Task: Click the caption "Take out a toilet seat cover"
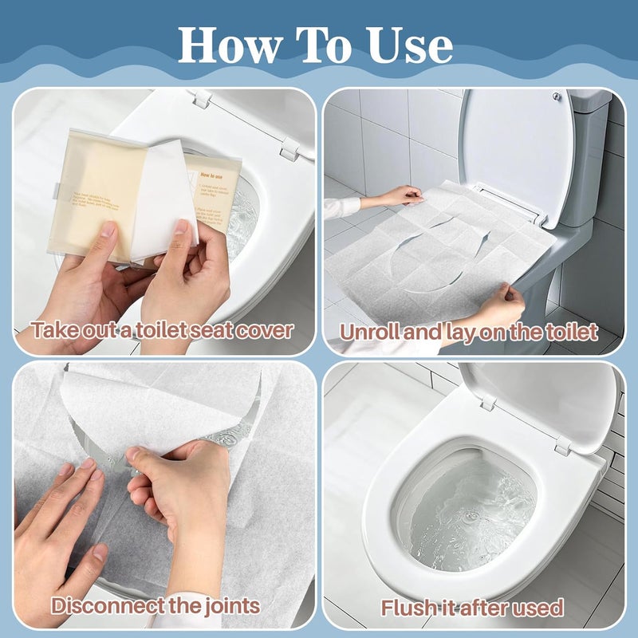tap(162, 330)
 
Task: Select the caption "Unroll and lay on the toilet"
tap(470, 331)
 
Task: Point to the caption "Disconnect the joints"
tap(156, 605)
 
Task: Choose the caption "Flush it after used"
tap(471, 607)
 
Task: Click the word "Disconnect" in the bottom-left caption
tap(104, 605)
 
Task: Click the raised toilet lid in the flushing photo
tap(542, 399)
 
